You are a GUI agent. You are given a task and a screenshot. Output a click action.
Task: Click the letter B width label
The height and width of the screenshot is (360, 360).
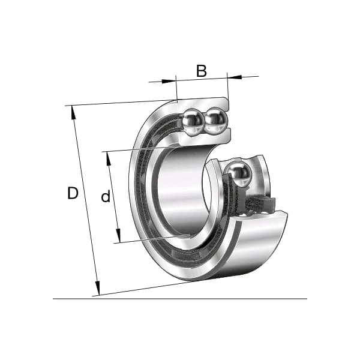[x=202, y=71]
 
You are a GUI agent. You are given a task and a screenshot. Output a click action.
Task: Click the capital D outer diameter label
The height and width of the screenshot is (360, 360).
[x=73, y=193]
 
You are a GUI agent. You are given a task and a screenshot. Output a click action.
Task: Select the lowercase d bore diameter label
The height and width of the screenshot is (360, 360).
[x=106, y=196]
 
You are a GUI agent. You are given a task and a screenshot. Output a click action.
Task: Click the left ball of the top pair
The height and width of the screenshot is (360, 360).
[x=194, y=122]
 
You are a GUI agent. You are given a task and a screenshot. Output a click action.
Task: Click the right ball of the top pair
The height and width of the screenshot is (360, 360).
[x=215, y=122]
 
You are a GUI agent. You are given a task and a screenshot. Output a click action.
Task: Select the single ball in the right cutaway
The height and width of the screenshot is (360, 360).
[x=239, y=175]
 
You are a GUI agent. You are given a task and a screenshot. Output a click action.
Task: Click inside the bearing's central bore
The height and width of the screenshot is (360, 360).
[x=180, y=192]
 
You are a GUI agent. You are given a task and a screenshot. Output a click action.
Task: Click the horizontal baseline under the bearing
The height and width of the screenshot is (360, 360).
[x=180, y=298]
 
